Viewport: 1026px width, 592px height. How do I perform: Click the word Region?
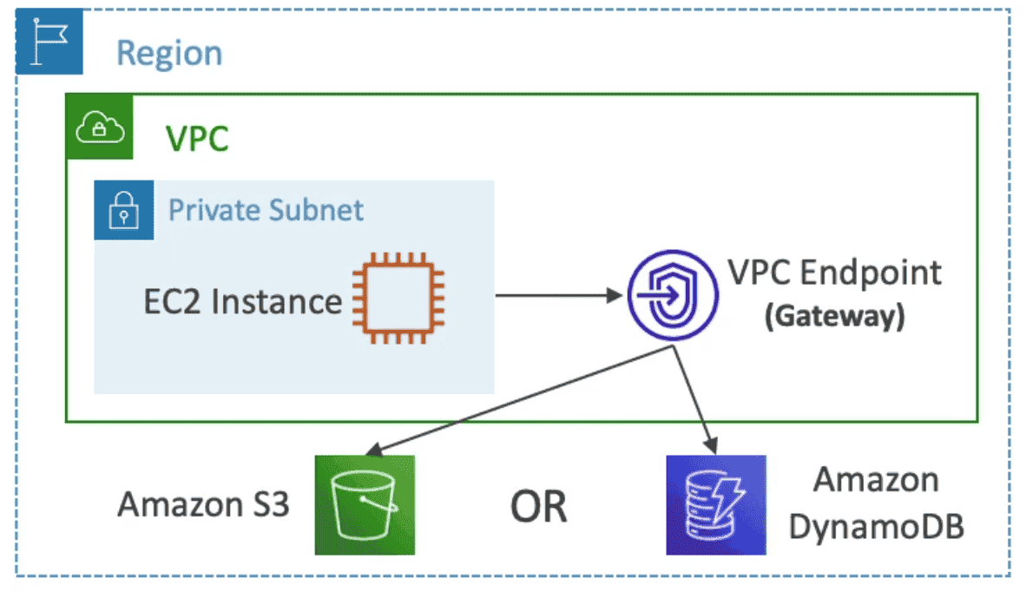click(169, 53)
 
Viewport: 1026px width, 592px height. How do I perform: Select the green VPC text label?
click(197, 139)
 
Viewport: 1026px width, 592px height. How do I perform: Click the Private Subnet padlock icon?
click(124, 210)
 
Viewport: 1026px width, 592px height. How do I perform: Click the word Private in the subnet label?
click(214, 210)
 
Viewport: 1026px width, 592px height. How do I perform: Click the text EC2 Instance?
click(242, 301)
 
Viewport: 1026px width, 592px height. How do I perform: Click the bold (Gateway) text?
click(834, 316)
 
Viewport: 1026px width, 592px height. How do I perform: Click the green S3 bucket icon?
click(365, 504)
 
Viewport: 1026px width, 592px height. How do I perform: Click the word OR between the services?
click(538, 506)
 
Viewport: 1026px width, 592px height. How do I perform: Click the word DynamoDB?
click(877, 527)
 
